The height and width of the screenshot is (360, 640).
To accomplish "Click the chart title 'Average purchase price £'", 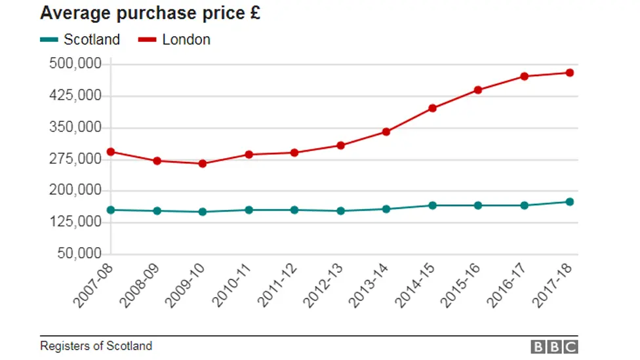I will [x=150, y=13].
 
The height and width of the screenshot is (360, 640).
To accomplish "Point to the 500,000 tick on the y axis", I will [x=75, y=64].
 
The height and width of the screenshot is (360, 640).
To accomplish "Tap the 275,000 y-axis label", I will [x=75, y=159].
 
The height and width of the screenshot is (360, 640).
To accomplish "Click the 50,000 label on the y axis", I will [x=79, y=254].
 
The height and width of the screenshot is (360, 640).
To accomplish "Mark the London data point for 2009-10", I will [x=203, y=163].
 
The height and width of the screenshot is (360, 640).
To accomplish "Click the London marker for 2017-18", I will [x=570, y=73].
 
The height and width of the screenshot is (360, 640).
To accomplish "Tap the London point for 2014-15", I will [x=432, y=108].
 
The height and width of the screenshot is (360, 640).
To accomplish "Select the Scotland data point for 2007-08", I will [x=111, y=210].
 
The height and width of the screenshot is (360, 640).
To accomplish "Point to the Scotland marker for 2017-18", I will [x=570, y=202].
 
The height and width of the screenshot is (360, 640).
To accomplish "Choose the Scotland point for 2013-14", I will [x=386, y=209].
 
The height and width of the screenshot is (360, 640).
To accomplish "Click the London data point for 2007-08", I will [x=111, y=151].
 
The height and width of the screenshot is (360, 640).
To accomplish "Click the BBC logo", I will [x=554, y=347].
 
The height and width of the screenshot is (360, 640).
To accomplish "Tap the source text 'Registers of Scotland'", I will [x=96, y=346].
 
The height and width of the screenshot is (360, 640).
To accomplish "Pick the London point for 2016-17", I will [x=524, y=76].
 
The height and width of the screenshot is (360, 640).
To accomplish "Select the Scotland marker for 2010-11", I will [x=249, y=210].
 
